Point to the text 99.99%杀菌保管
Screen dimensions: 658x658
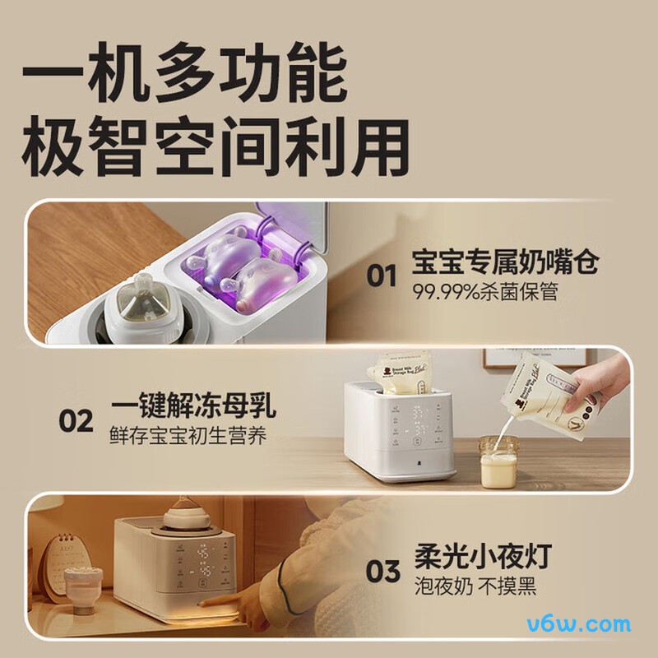pos(484,293)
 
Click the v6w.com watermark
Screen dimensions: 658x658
pos(587,624)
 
